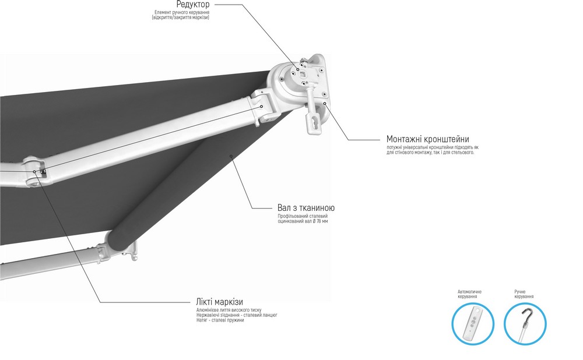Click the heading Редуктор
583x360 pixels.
pos(193,5)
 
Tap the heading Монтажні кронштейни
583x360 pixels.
pos(427,139)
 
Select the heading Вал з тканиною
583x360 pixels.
pos(306,208)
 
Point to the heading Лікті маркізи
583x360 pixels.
pos(219,302)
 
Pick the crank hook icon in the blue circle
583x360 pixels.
pos(524,324)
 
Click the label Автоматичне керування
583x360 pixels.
pos(469,294)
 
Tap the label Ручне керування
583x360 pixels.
pos(524,294)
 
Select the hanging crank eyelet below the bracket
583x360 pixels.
pos(314,118)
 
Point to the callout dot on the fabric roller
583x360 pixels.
pos(231,156)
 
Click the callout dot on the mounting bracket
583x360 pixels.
pos(324,103)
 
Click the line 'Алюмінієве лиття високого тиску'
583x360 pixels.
pos(229,310)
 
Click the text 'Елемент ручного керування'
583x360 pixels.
pos(182,13)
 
